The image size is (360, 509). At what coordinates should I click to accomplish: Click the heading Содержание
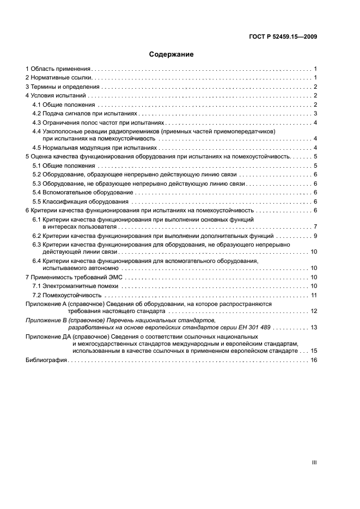pos(172,54)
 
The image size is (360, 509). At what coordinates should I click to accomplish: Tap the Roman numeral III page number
pos(314,462)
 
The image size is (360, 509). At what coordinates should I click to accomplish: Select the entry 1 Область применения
pos(58,69)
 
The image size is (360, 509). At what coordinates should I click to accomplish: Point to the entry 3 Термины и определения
pos(63,87)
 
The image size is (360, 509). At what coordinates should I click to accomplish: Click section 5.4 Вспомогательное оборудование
pos(82,192)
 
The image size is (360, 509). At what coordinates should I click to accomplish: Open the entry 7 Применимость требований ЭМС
pos(72,278)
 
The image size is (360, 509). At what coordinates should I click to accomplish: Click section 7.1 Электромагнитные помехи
pos(76,286)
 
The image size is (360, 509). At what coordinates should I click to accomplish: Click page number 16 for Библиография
pos(314,360)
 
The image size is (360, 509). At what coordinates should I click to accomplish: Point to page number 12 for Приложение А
pos(314,311)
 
